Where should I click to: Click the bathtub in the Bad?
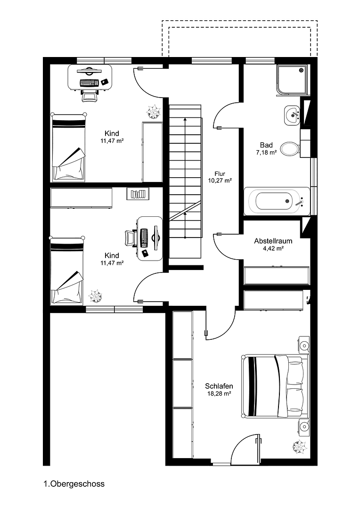pos(277,201)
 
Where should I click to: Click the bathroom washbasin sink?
pos(293,115)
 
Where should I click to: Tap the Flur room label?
pos(220,173)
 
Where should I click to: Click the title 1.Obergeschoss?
pos(74,484)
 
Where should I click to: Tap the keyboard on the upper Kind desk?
pos(89,83)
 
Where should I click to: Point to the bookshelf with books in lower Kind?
pos(138,193)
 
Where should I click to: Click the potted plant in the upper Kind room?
pos(153,112)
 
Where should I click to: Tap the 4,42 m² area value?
pos(270,248)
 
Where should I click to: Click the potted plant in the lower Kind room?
pos(96,297)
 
